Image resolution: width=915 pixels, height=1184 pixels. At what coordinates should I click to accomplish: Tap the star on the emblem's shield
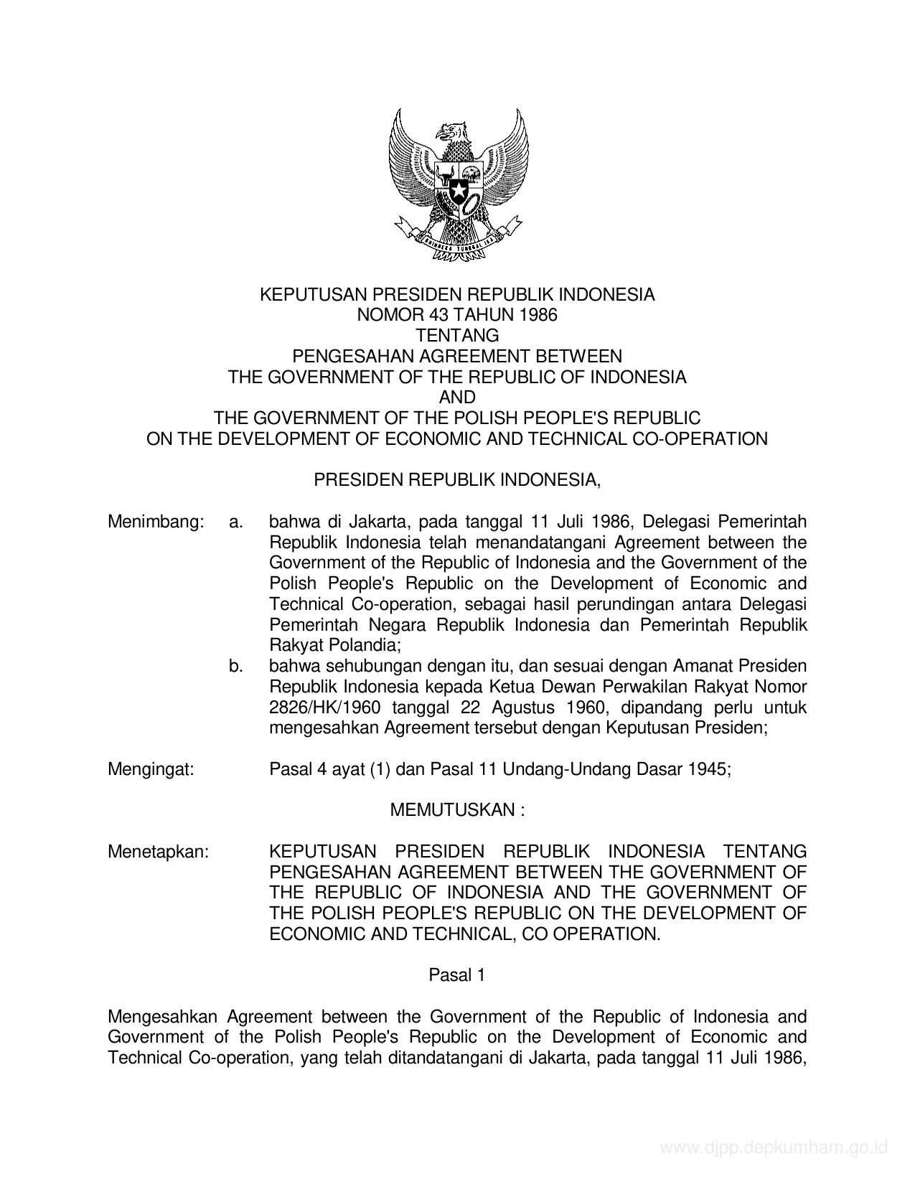(457, 192)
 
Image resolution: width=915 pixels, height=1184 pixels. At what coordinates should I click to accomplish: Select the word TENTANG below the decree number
(457, 335)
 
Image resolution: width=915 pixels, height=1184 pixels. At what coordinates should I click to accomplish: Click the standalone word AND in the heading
(457, 397)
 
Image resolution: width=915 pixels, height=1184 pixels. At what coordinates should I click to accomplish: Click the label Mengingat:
(151, 769)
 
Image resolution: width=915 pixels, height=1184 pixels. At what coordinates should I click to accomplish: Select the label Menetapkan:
(158, 852)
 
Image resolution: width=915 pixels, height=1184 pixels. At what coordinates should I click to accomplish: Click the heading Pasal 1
(457, 975)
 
